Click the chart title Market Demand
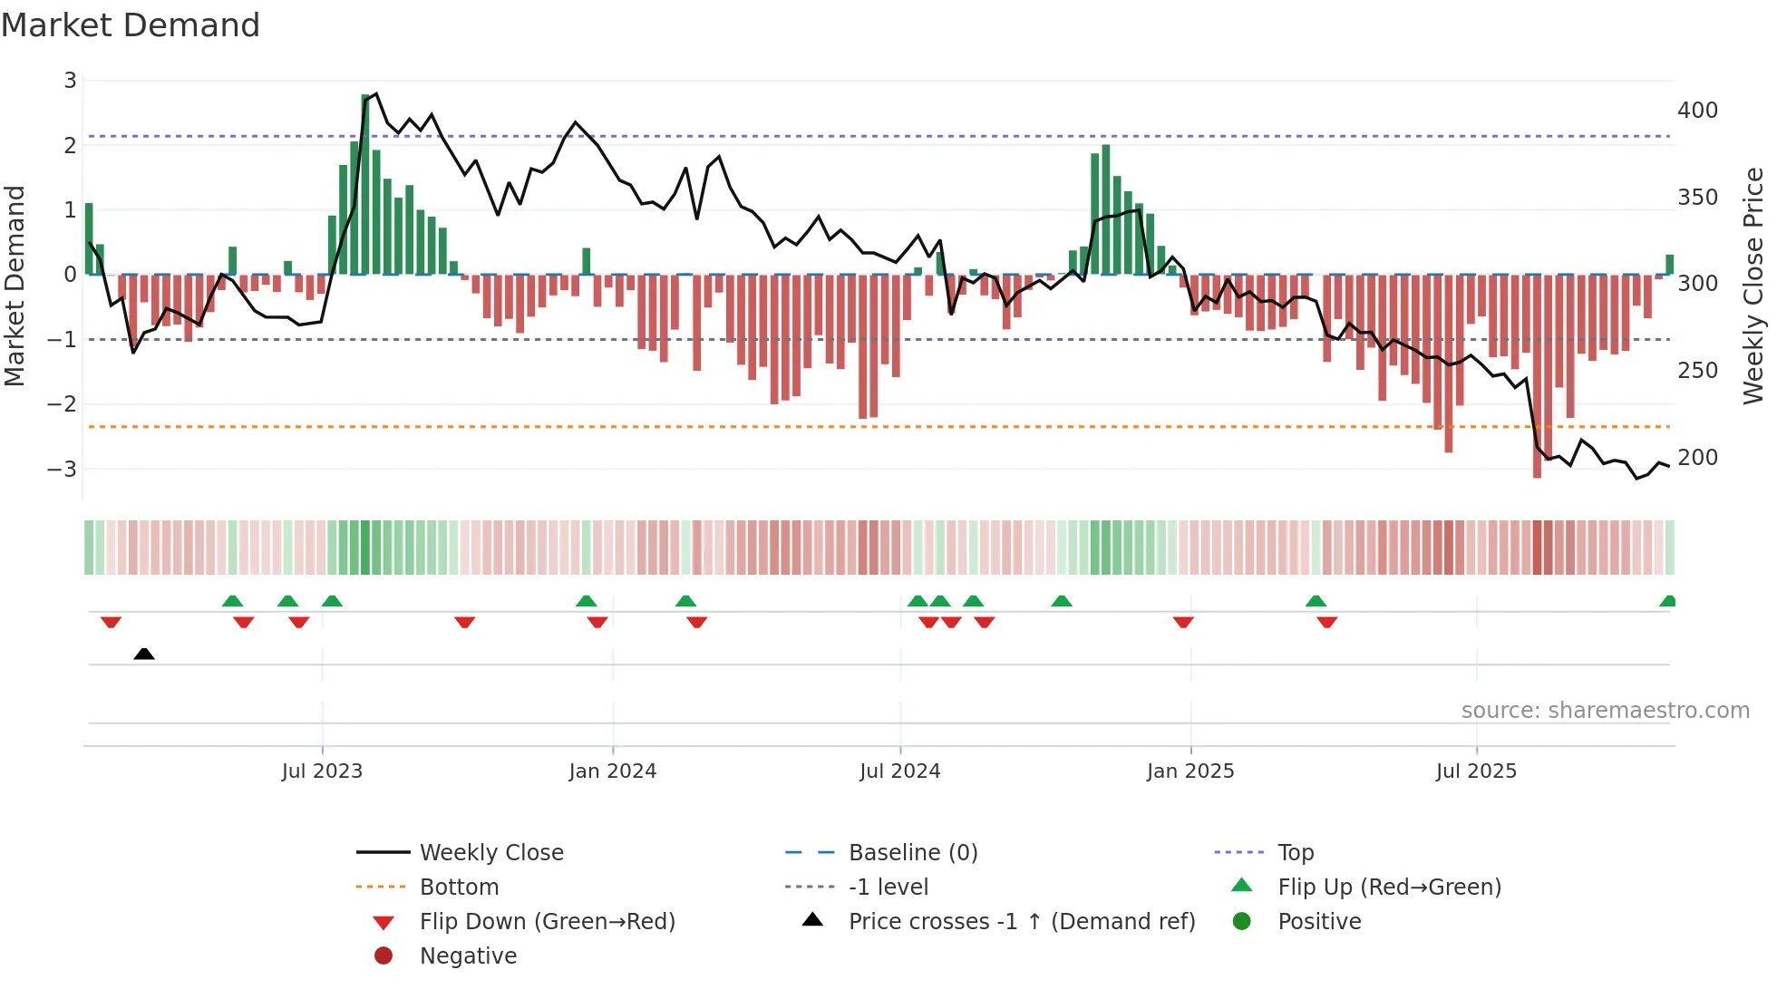(131, 25)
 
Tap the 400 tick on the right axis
(1697, 111)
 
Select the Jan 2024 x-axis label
(612, 771)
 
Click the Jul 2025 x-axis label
(1476, 771)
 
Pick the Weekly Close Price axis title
(1753, 286)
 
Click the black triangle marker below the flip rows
(144, 654)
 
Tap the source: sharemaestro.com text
(1605, 711)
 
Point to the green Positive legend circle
(1242, 922)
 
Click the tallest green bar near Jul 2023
(365, 181)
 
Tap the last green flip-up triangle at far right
(1667, 601)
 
